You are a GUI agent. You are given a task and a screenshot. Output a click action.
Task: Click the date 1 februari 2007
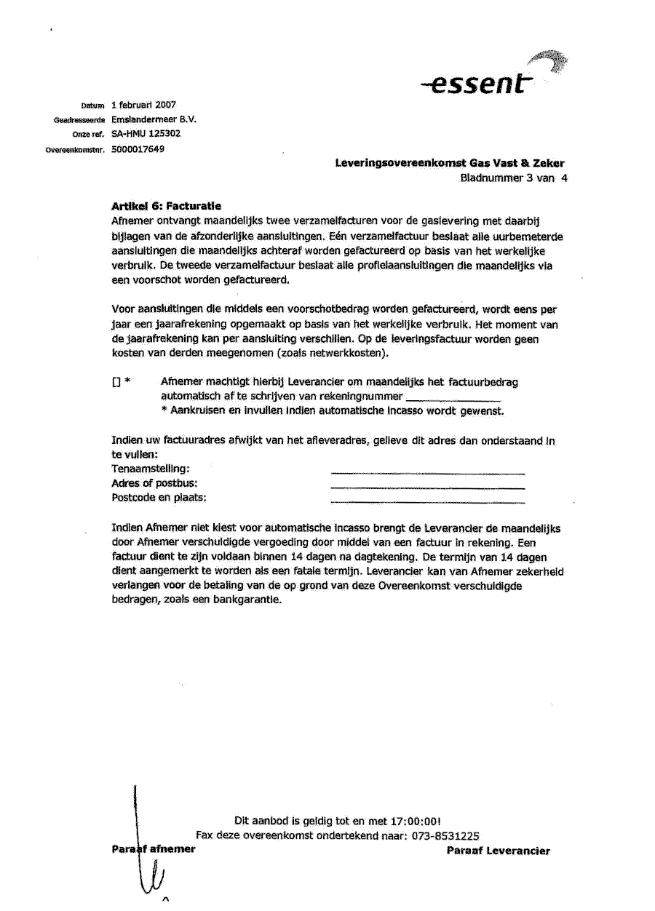[x=144, y=105]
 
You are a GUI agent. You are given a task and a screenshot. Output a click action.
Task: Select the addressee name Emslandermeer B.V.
[x=154, y=119]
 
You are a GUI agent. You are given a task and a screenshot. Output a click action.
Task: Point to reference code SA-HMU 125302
[x=146, y=134]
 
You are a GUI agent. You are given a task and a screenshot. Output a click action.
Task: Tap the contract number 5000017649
[x=138, y=149]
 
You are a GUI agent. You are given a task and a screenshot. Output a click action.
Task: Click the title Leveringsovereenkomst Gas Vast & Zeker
[x=450, y=164]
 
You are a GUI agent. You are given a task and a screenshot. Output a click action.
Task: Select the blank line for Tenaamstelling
[x=427, y=474]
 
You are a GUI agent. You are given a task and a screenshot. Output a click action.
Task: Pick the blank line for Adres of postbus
[x=427, y=488]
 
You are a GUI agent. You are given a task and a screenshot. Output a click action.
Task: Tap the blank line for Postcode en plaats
[x=427, y=502]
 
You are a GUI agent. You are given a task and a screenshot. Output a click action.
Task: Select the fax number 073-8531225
[x=445, y=836]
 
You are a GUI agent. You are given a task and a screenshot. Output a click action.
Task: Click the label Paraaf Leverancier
[x=499, y=851]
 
